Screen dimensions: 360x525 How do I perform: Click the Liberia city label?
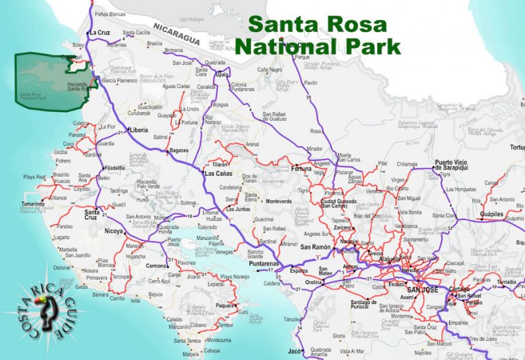pos(139,129)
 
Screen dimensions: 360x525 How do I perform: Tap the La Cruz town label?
pos(100,32)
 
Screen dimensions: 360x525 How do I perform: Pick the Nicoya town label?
pos(113,231)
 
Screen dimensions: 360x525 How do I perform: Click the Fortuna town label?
pos(301,168)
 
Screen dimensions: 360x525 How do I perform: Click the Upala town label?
pos(222,74)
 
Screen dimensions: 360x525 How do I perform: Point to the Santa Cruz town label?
pos(94,214)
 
